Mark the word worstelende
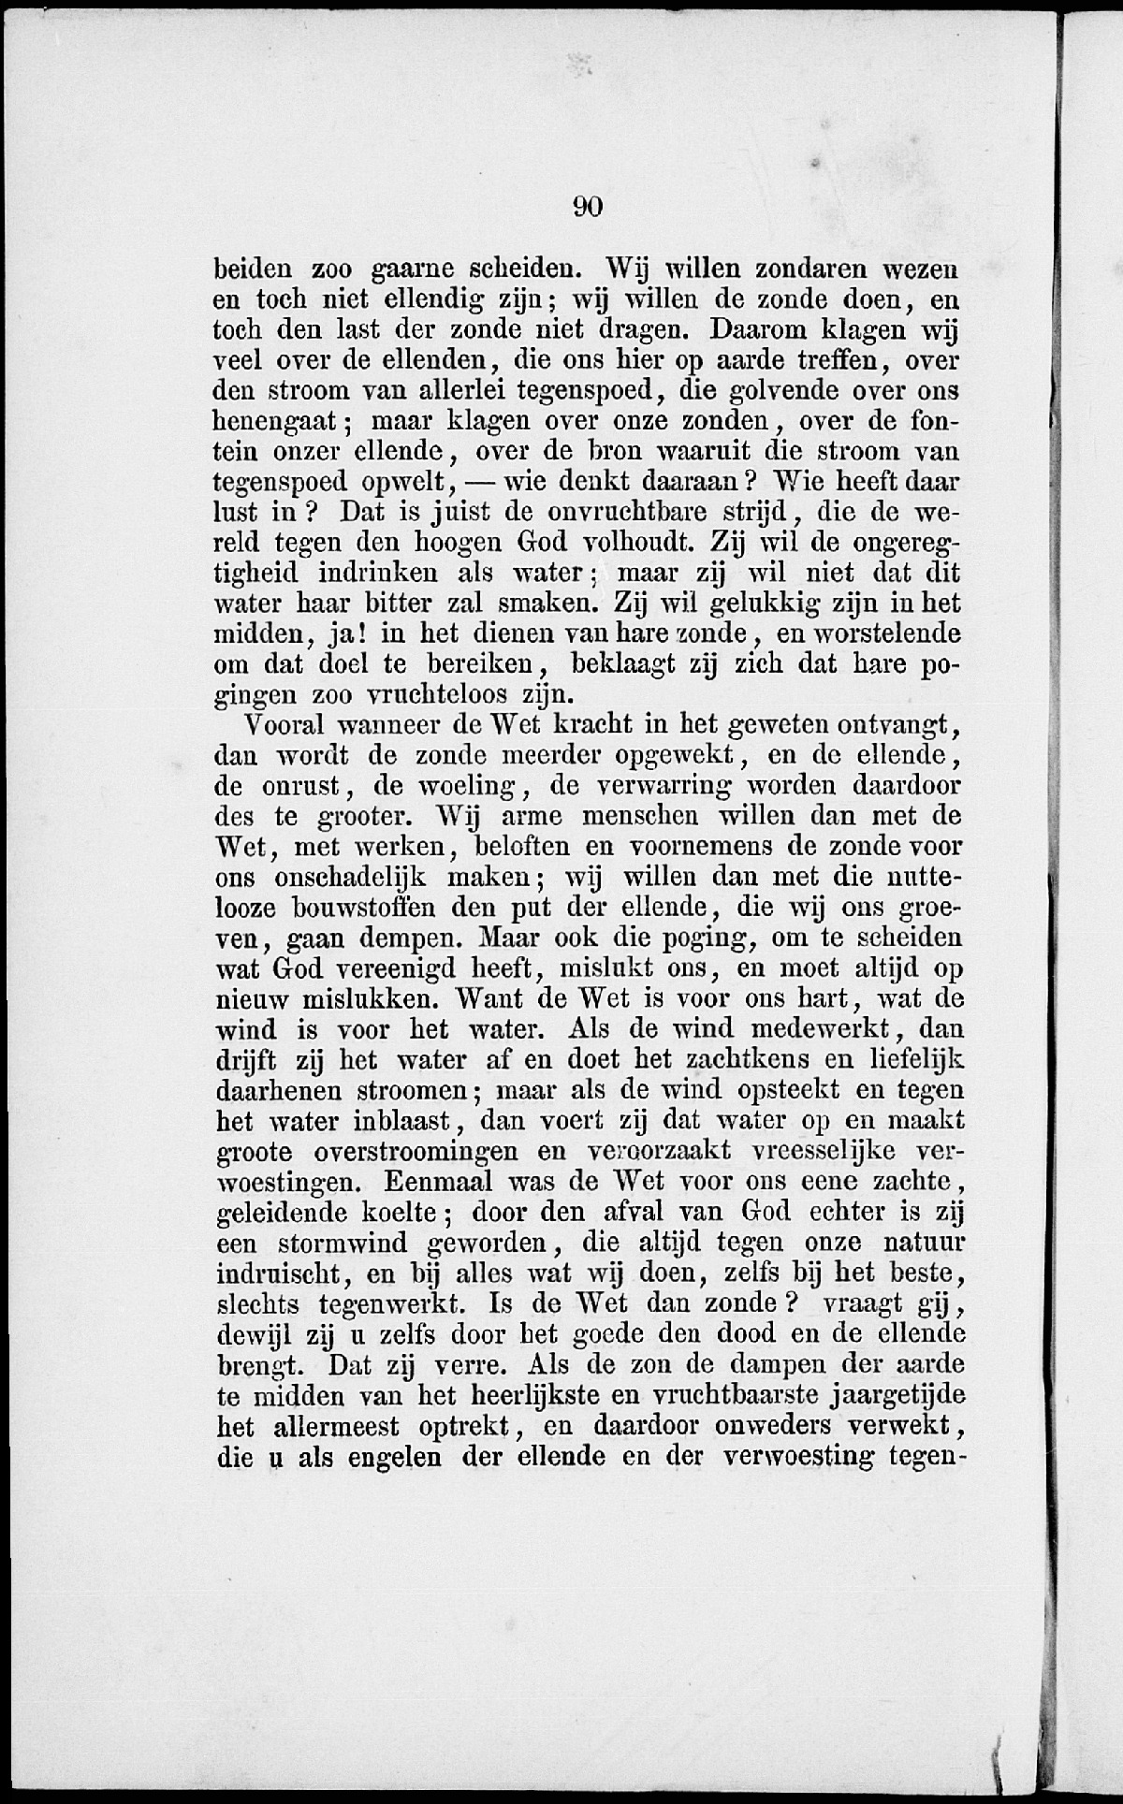888,633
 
